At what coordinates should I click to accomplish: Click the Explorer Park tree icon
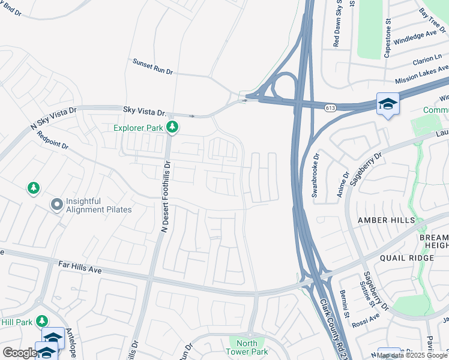click(172, 127)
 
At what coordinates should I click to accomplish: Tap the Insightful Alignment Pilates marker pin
click(57, 205)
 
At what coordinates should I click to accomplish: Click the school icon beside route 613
click(387, 104)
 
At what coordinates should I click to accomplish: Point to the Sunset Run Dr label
click(152, 67)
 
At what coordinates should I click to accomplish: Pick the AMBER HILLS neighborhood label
click(386, 220)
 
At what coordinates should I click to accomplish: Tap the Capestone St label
click(388, 38)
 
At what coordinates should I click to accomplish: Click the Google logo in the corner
click(20, 353)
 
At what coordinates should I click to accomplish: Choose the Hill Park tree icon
click(42, 321)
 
